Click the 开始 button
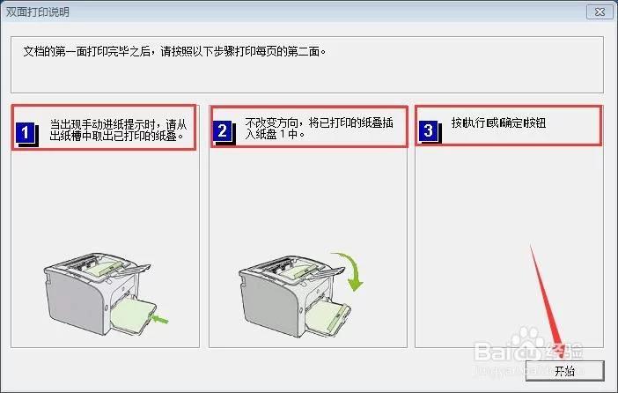pos(564,370)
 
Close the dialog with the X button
pos(600,11)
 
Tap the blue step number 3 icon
pos(429,131)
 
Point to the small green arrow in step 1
pos(160,319)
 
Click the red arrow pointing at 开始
pos(547,300)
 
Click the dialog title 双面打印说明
pos(38,12)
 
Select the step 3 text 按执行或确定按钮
pos(498,123)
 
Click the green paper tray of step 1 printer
pos(132,316)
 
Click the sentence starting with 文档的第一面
pos(174,52)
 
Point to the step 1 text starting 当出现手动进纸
pos(118,130)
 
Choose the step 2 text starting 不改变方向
pos(319,129)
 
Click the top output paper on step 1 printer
pos(106,267)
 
